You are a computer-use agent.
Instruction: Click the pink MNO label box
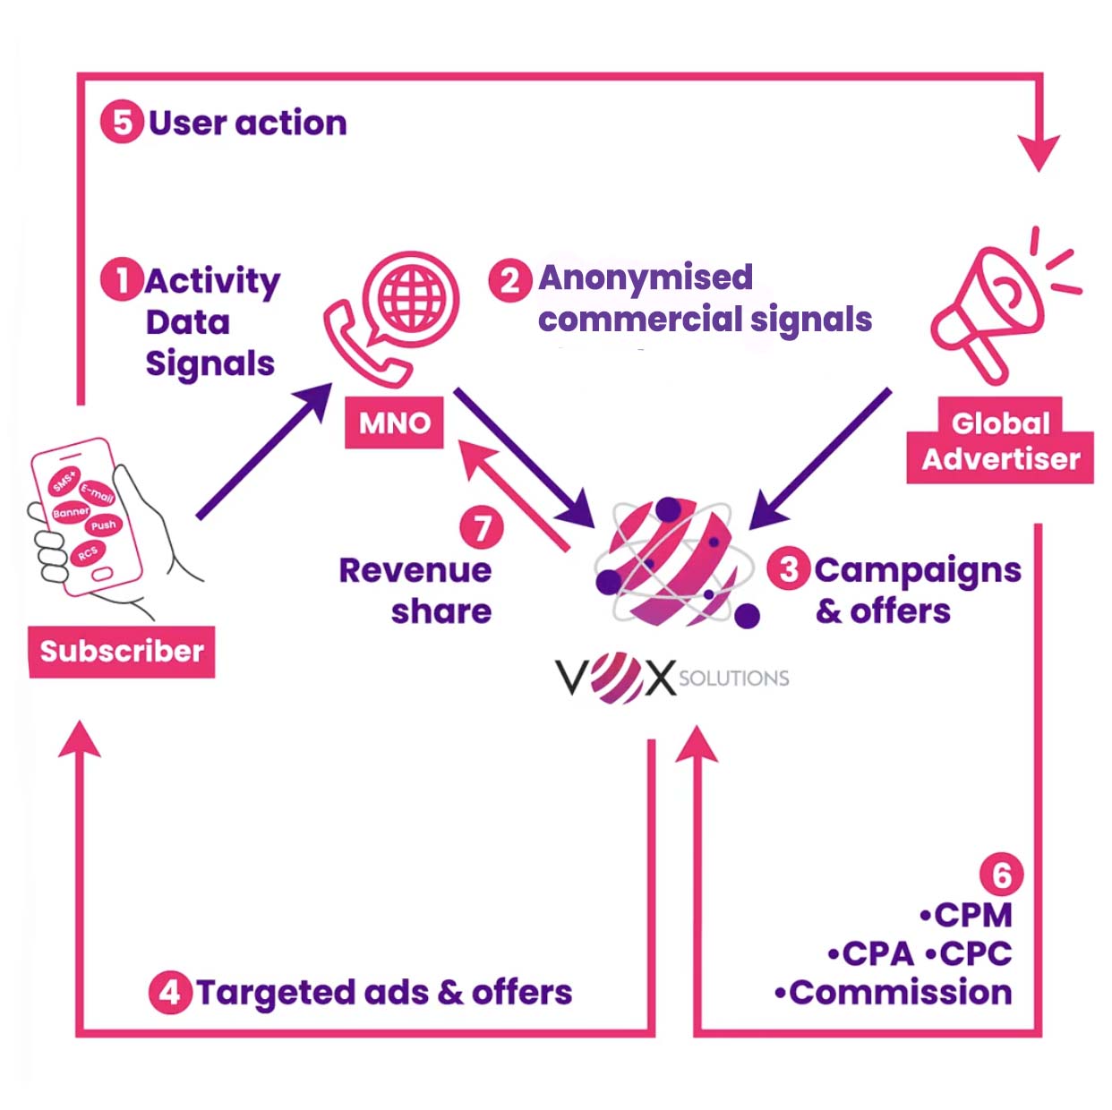pyautogui.click(x=395, y=423)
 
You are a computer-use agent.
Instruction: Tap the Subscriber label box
pyautogui.click(x=122, y=651)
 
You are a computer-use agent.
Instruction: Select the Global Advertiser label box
pyautogui.click(x=1001, y=441)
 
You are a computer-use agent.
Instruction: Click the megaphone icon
pyautogui.click(x=994, y=304)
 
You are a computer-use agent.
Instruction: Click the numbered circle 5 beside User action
pyautogui.click(x=122, y=123)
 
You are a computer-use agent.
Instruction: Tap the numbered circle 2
pyautogui.click(x=509, y=280)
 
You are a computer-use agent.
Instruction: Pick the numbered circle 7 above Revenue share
pyautogui.click(x=482, y=527)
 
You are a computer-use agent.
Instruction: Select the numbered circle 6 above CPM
pyautogui.click(x=1001, y=875)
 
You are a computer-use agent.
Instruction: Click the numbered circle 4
pyautogui.click(x=170, y=992)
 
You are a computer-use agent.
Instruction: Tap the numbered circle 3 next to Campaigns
pyautogui.click(x=789, y=569)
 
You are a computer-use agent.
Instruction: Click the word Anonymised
pyautogui.click(x=646, y=278)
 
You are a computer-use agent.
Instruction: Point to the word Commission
pyautogui.click(x=900, y=992)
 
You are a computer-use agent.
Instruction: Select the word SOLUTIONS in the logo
pyautogui.click(x=734, y=678)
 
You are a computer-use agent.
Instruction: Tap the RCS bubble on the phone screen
pyautogui.click(x=88, y=553)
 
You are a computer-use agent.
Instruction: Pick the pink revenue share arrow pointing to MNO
pyautogui.click(x=515, y=494)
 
